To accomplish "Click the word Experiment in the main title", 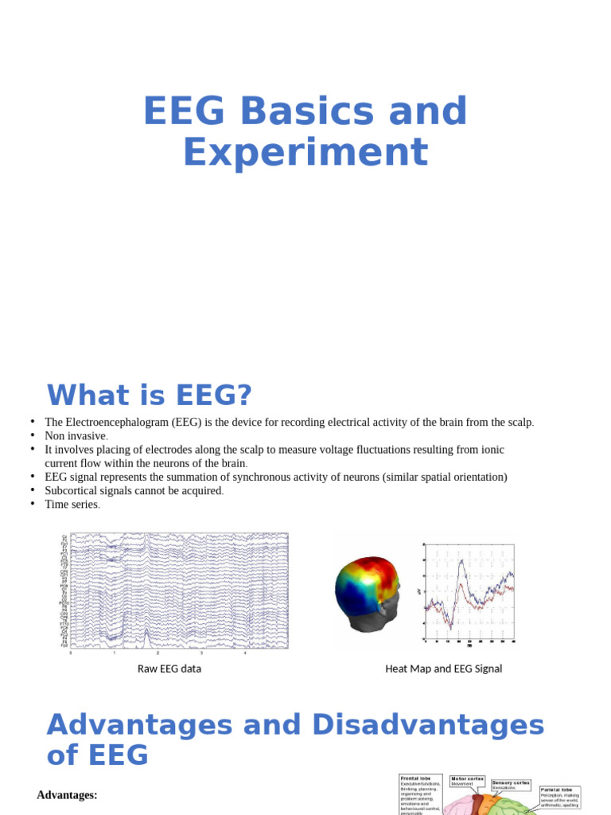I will (x=305, y=152).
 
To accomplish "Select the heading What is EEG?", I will (x=149, y=395).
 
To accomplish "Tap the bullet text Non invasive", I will (x=76, y=435).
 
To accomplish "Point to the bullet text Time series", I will (x=72, y=504).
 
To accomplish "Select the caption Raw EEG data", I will (x=169, y=669).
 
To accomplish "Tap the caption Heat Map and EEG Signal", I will (x=443, y=669).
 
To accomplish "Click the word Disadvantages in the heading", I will (x=428, y=725).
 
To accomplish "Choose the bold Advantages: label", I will (x=67, y=794).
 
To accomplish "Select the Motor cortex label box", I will (x=468, y=782).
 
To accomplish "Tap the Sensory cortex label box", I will (x=511, y=786).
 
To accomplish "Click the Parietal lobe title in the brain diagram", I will (x=557, y=790).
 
